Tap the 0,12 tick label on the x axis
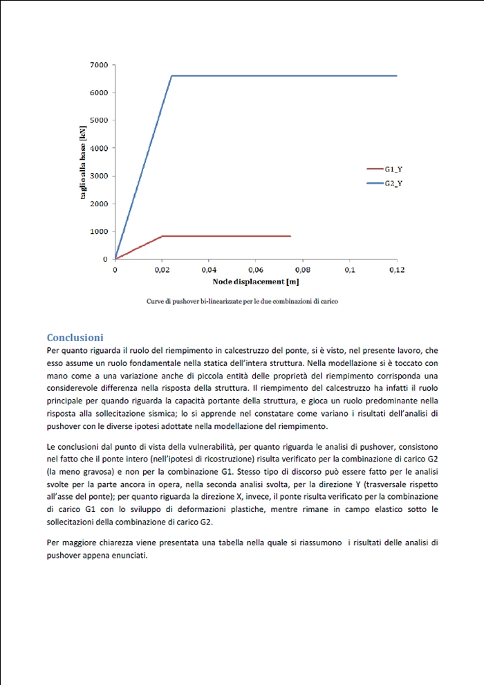(x=396, y=269)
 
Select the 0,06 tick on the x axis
(x=256, y=269)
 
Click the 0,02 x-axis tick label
(x=162, y=269)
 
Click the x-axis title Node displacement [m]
(x=256, y=282)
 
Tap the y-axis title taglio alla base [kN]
(x=84, y=162)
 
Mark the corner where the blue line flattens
(x=171, y=76)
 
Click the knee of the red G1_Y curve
(x=162, y=236)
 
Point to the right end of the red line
(x=290, y=236)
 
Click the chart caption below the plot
(x=242, y=302)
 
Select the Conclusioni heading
(x=75, y=338)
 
